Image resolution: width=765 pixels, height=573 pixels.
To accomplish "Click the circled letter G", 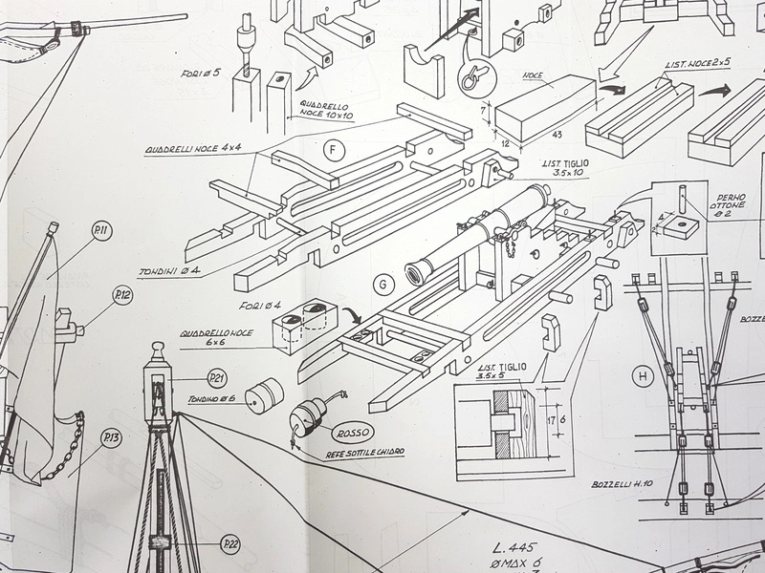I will pos(383,283).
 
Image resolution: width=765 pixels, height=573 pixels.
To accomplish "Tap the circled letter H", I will pos(643,376).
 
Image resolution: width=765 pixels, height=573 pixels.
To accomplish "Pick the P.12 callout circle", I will pos(120,295).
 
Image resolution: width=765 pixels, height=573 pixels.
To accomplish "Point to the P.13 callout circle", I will pos(111,438).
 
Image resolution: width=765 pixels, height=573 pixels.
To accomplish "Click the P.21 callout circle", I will pos(217,378).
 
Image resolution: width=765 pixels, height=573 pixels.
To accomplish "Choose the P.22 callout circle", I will pos(229,545).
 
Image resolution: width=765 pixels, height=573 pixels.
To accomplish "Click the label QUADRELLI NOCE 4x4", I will pos(192,150).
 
